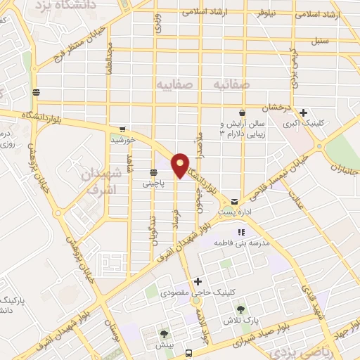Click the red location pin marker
(181, 165)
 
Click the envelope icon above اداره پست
(234, 201)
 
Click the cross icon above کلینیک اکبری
(303, 112)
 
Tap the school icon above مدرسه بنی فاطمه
(241, 232)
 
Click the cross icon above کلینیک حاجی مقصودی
(199, 281)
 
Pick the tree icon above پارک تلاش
(241, 309)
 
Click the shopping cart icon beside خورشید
(122, 129)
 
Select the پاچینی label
(153, 184)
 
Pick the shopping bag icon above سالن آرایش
(242, 112)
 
